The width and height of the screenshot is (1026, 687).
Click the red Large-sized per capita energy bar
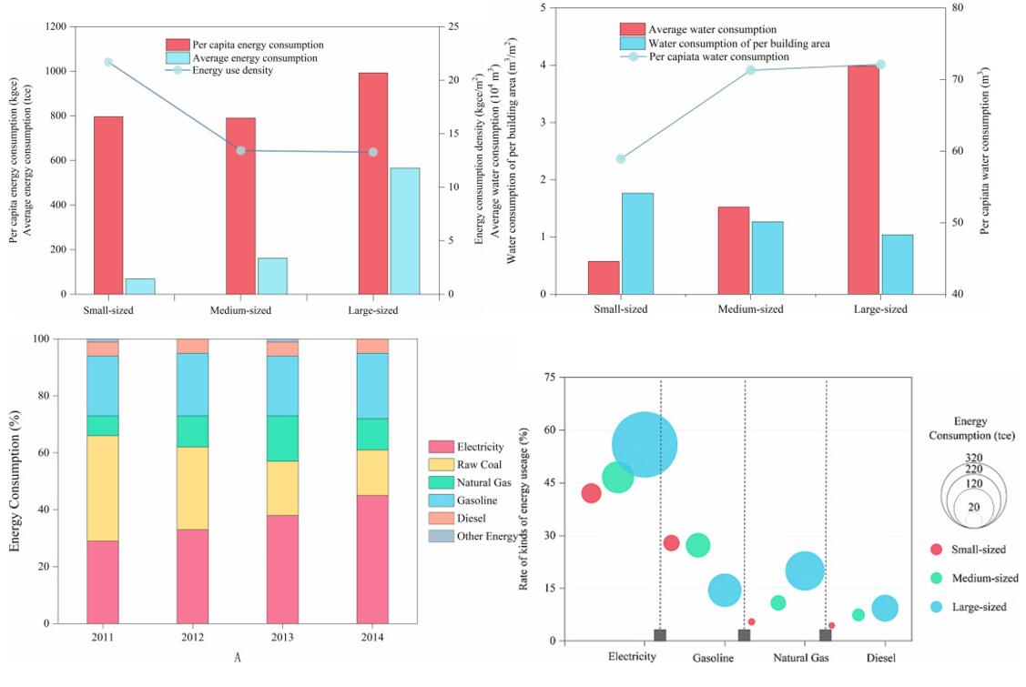(x=372, y=183)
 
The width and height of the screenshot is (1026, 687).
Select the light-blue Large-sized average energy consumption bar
(x=405, y=231)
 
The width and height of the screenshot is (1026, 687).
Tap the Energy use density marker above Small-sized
(x=108, y=62)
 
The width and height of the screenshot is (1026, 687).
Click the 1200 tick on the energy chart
(x=55, y=27)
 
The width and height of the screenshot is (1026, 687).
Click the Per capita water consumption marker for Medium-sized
(x=751, y=70)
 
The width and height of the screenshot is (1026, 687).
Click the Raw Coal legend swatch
(x=441, y=464)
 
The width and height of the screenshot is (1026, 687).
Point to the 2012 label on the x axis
(x=192, y=638)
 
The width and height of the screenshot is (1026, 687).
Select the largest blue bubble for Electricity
(x=645, y=445)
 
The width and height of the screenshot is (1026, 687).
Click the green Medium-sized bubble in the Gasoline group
(x=698, y=545)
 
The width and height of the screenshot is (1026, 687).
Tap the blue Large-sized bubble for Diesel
(x=884, y=609)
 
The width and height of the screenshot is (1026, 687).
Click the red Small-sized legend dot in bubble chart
(x=935, y=549)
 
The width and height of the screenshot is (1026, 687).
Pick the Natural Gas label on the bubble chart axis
(x=800, y=658)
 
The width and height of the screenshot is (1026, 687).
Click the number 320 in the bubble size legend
(x=973, y=458)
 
